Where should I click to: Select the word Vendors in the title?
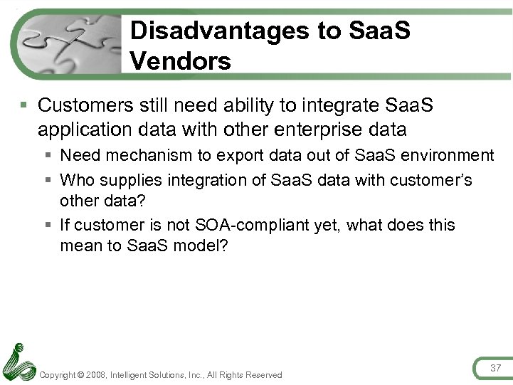coord(181,61)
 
